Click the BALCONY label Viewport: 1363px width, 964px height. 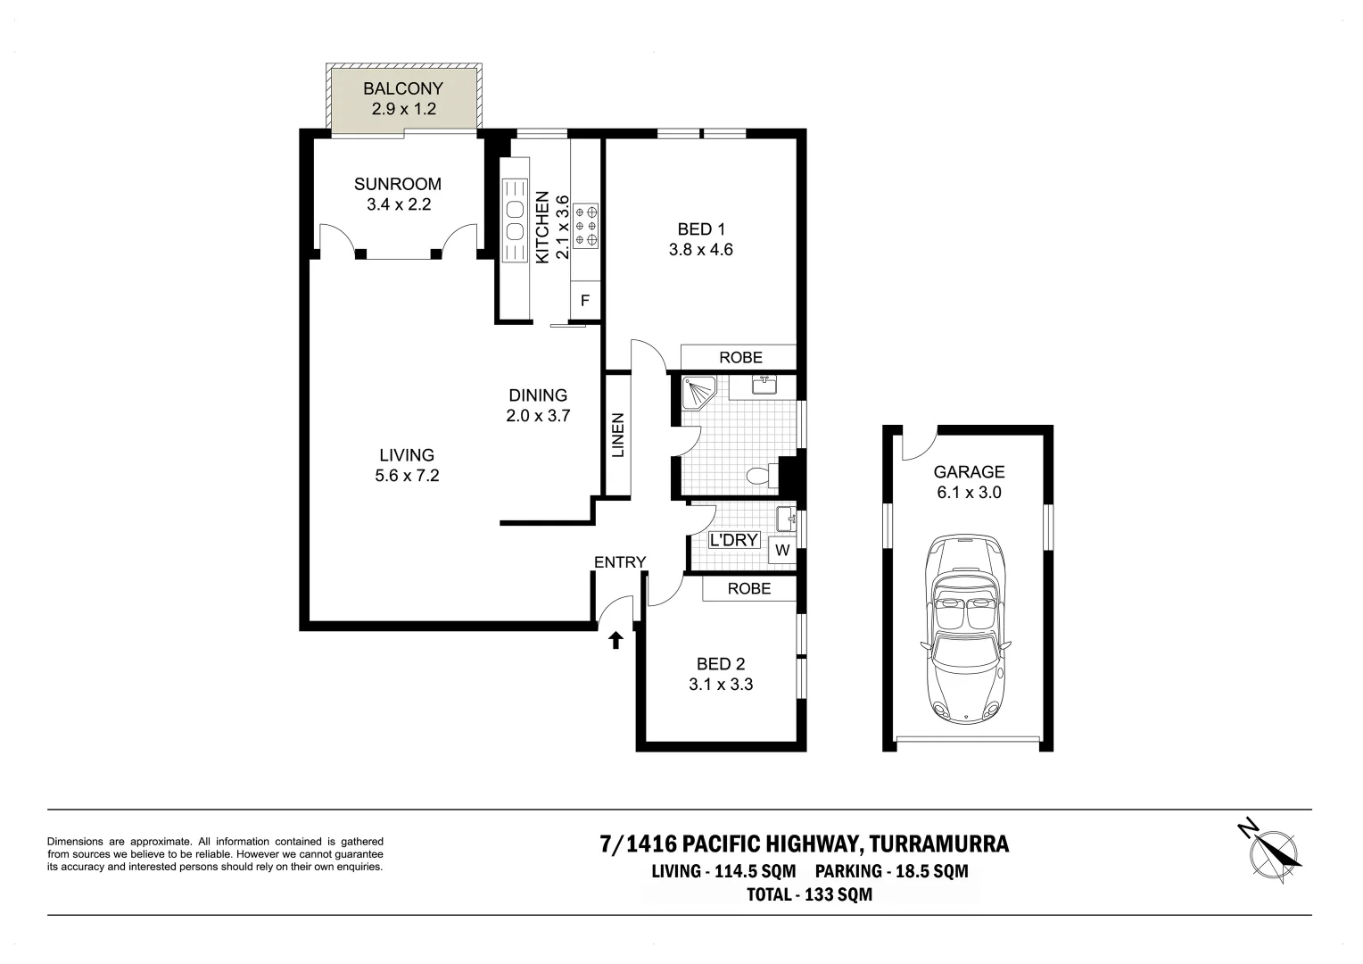[x=402, y=88]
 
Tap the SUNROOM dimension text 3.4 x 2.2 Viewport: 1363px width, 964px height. [x=398, y=204]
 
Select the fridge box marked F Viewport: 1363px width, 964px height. [x=585, y=301]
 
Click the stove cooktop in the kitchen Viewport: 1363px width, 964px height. [x=586, y=227]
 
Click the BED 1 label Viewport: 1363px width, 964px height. [x=700, y=229]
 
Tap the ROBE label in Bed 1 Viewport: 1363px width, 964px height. [x=740, y=357]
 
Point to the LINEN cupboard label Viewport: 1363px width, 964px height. [x=618, y=435]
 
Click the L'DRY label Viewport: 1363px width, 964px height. [x=733, y=540]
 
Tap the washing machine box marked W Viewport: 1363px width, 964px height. [x=782, y=550]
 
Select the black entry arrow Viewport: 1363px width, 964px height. [x=615, y=639]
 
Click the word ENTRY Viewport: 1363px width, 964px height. [x=619, y=561]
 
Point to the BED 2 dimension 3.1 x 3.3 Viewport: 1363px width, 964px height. [x=720, y=685]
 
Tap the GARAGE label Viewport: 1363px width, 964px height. [x=969, y=471]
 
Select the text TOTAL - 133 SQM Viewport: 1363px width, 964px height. [x=809, y=894]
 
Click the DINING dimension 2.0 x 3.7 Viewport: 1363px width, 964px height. [x=537, y=415]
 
